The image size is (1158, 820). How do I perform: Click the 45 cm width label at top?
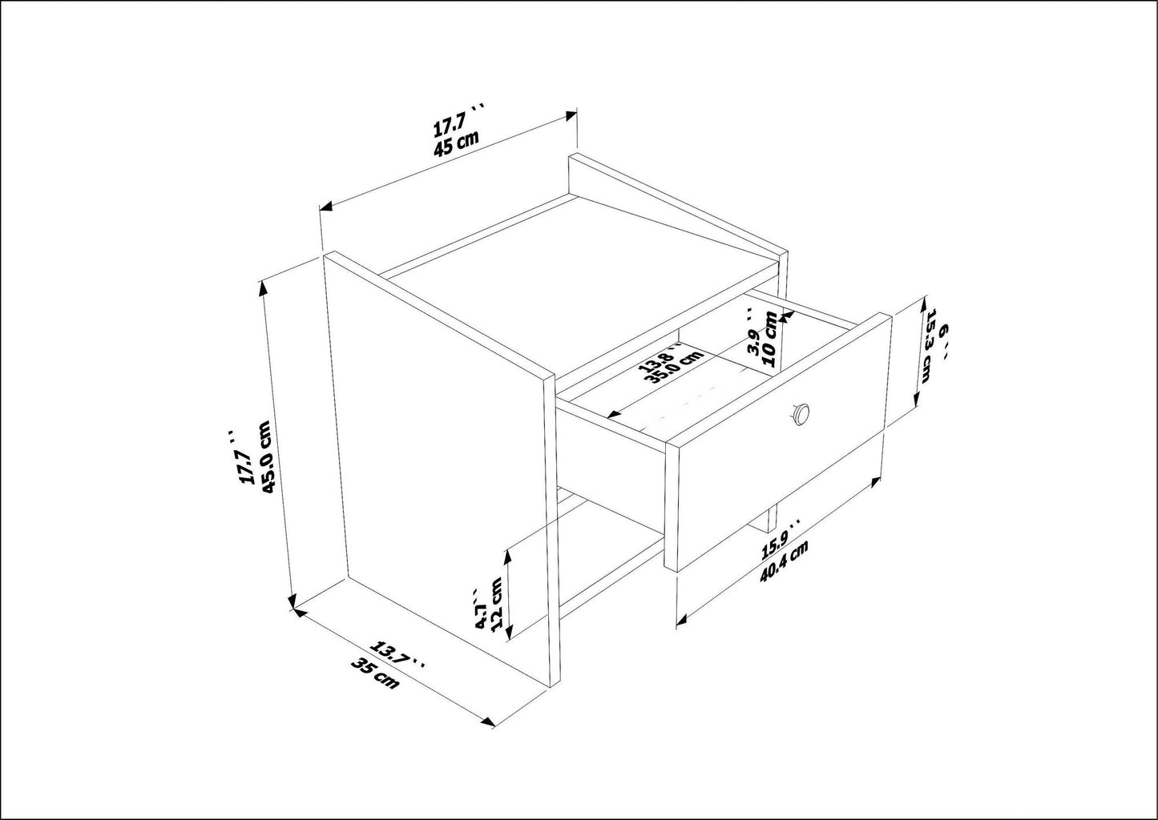coord(457,144)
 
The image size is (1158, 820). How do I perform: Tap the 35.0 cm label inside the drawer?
coord(671,370)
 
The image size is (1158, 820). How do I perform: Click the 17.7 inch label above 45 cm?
coord(455,126)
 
